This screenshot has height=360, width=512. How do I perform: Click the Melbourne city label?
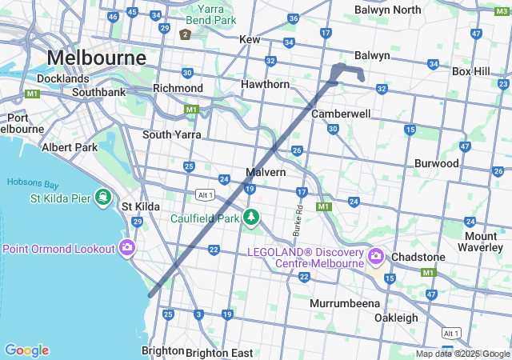point(96,58)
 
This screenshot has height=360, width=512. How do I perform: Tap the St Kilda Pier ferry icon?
point(103,197)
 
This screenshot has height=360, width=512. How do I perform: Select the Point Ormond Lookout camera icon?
point(126,249)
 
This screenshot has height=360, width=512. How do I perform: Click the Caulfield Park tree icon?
point(251,217)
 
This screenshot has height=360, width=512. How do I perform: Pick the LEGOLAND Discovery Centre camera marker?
point(376,257)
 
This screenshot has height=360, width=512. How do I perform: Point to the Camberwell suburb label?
point(341,114)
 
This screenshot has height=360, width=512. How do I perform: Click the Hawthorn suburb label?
point(266,84)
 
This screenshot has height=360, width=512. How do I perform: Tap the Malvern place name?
point(266,172)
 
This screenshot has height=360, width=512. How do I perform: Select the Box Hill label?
point(471,71)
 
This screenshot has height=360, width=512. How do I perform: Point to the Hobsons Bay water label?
point(30,182)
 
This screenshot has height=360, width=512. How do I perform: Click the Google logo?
point(26,350)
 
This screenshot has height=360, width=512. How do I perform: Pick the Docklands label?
point(62,79)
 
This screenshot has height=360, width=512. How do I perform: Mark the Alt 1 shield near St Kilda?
point(204,194)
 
